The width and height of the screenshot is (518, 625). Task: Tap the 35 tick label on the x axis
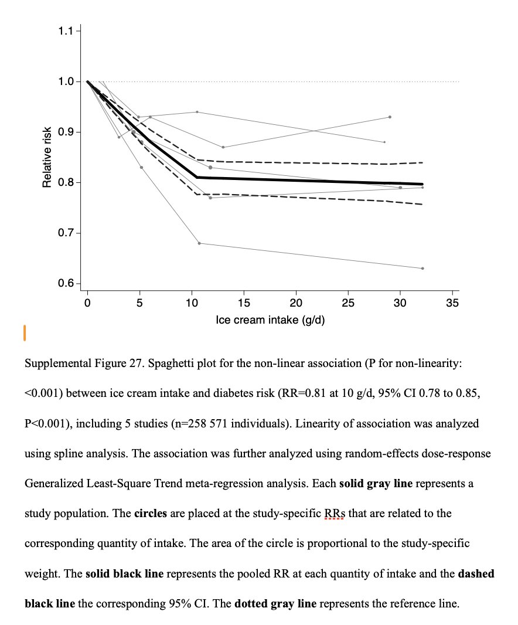click(x=452, y=303)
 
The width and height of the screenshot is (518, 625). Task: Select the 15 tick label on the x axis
click(x=244, y=303)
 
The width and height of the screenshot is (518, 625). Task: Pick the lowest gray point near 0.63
click(x=422, y=268)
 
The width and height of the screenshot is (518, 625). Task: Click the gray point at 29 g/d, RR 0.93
click(x=390, y=117)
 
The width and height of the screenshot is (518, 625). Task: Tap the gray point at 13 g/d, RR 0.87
click(x=223, y=147)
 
